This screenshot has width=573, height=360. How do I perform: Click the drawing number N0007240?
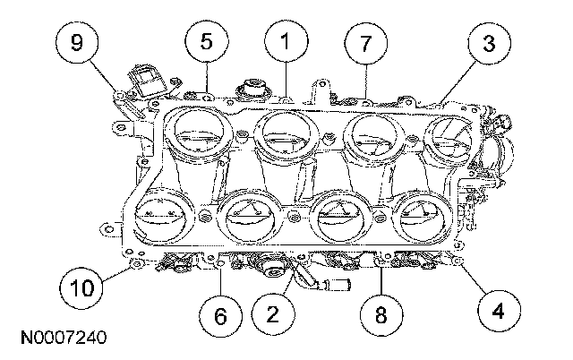pos(60,339)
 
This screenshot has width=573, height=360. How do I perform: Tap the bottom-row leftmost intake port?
pos(161,215)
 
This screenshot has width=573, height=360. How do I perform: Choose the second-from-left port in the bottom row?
pos(248,215)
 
